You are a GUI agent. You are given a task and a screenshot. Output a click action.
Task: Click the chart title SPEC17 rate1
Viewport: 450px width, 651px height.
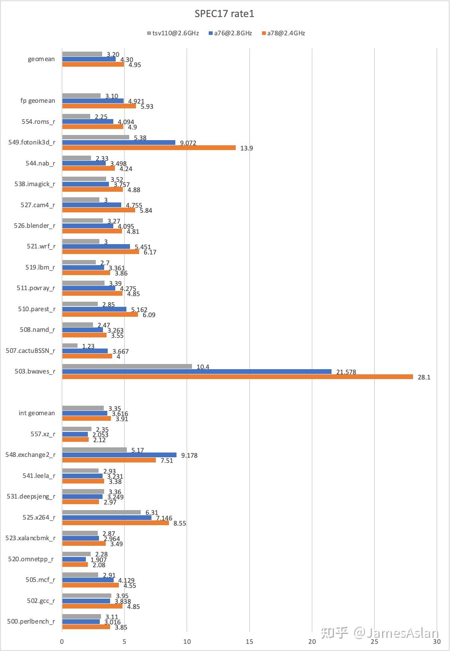click(224, 14)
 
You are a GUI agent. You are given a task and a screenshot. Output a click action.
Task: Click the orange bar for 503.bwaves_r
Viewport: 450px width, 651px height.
click(237, 377)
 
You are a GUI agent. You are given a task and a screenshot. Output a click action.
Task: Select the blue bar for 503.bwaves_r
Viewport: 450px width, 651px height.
click(197, 372)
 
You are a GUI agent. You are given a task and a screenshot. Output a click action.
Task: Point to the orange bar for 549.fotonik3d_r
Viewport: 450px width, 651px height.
click(149, 148)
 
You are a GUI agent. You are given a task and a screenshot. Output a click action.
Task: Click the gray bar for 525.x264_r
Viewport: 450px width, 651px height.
click(101, 512)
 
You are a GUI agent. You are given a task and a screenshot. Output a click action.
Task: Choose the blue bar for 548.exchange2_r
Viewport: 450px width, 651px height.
click(119, 455)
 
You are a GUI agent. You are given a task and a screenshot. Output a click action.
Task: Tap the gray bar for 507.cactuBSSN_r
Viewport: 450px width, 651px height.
click(70, 346)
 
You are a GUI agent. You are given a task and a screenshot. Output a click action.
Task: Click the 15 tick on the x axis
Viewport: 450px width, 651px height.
click(250, 641)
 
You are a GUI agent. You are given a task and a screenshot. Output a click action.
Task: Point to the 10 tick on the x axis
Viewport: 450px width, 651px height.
click(187, 641)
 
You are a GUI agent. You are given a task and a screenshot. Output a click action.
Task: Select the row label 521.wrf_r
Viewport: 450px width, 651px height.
click(41, 247)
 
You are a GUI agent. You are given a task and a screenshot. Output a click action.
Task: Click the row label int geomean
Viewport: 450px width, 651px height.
click(37, 413)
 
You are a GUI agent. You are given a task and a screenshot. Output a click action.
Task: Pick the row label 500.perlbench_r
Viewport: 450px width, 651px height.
click(31, 622)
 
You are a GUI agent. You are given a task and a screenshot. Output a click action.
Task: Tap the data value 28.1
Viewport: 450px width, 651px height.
click(424, 377)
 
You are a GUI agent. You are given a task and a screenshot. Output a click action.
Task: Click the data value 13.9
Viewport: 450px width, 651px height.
click(246, 148)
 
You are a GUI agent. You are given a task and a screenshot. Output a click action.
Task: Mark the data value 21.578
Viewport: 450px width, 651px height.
click(346, 372)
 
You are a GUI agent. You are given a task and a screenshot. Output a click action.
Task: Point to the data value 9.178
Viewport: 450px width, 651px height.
click(189, 455)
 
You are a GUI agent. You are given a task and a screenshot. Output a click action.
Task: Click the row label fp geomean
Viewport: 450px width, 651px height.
click(38, 101)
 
